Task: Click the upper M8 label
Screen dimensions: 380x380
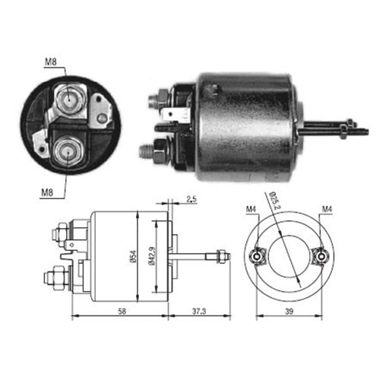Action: pos(51,62)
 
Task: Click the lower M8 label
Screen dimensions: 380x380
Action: pos(47,193)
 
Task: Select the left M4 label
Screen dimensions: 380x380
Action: pos(251,209)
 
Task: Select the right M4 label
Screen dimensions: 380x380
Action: pos(327,209)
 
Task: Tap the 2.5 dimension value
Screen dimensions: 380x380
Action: pos(192,199)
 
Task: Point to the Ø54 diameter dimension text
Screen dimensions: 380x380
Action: pos(134,256)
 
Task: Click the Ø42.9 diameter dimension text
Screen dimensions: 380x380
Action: pos(152,256)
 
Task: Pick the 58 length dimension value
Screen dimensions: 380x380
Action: pos(122,312)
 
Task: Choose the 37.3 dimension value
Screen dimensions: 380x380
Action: pos(199,312)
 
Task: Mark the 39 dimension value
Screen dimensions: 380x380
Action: pos(289,312)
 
